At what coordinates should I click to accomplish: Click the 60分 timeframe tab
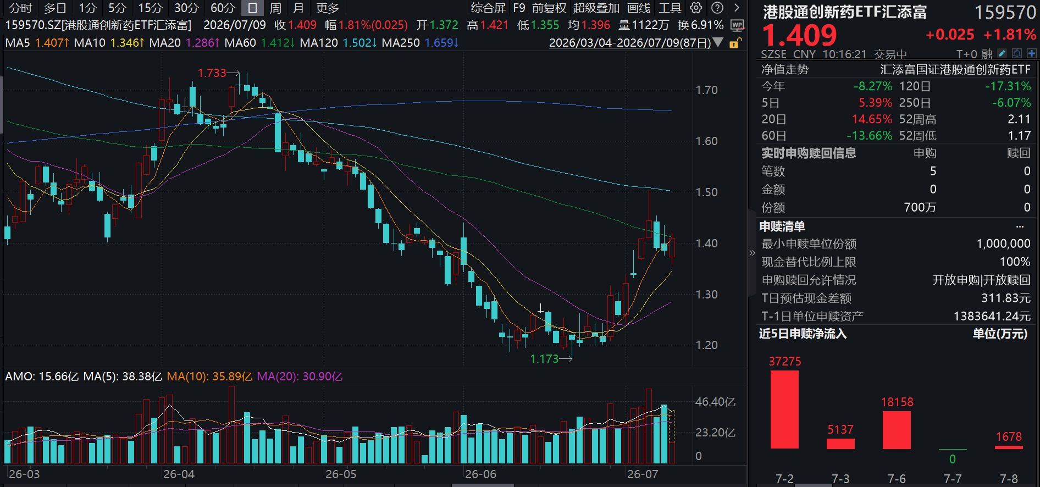[x=223, y=8]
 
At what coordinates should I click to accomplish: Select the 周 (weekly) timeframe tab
[x=275, y=8]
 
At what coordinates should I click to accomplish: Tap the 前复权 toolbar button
[x=549, y=8]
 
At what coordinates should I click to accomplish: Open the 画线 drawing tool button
[x=638, y=8]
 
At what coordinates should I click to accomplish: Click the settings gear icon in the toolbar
[x=696, y=8]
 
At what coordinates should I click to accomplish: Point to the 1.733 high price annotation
[x=212, y=73]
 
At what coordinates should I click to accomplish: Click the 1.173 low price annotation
[x=544, y=359]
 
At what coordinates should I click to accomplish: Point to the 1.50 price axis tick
[x=707, y=192]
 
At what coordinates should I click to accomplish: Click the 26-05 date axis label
[x=341, y=474]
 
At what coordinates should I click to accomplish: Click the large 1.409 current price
[x=799, y=35]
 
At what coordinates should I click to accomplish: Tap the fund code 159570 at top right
[x=1005, y=12]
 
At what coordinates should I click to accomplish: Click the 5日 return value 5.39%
[x=876, y=103]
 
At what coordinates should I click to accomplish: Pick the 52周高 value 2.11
[x=1019, y=119]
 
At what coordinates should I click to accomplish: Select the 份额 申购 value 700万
[x=920, y=208]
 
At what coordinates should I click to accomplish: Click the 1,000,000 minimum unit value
[x=1003, y=244]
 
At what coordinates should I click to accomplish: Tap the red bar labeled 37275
[x=784, y=409]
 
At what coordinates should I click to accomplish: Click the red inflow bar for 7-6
[x=897, y=430]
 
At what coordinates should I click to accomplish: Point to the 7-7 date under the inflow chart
[x=953, y=479]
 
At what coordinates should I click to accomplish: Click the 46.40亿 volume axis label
[x=715, y=402]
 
